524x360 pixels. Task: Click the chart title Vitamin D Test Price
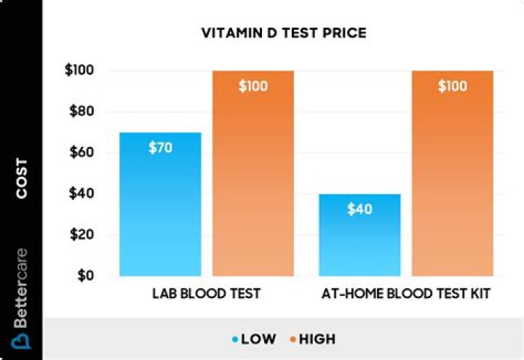tap(284, 33)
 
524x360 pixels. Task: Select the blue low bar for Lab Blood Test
tap(160, 204)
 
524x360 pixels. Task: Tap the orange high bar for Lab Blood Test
tap(253, 173)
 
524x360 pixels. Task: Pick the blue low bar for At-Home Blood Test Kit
tap(360, 235)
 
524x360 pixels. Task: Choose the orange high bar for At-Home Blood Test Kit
tap(453, 173)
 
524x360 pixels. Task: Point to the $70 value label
tap(161, 148)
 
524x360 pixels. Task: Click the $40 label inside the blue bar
tap(360, 209)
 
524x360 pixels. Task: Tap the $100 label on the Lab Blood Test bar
tap(253, 86)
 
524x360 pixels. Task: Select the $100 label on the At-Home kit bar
tap(453, 86)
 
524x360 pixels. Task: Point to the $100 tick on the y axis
tap(79, 70)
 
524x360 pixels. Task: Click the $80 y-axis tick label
tap(82, 111)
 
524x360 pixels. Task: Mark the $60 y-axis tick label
tap(82, 152)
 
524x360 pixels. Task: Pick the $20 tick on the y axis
tap(82, 234)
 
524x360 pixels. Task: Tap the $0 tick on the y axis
tap(86, 276)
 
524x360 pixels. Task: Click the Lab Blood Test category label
tap(207, 294)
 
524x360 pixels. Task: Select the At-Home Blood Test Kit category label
tap(406, 294)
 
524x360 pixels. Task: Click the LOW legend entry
tap(254, 340)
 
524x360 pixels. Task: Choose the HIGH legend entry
tap(313, 340)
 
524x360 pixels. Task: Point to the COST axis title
tap(22, 178)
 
